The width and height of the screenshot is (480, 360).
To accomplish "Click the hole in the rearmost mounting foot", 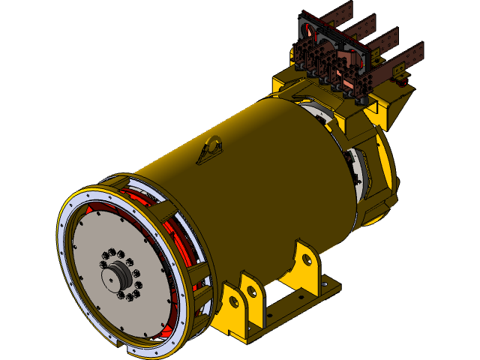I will [x=306, y=259].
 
